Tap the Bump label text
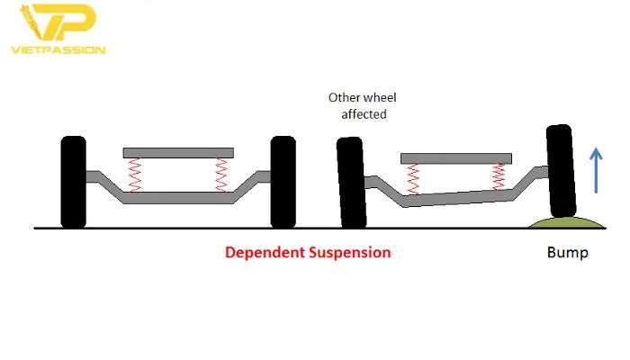coord(567,253)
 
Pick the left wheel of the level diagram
coord(73,181)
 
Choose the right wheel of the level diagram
coord(283,181)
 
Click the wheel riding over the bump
coord(561,171)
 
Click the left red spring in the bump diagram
coord(413,179)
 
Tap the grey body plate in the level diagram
coord(178,152)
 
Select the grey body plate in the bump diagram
coord(455,158)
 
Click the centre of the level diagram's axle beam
coord(178,198)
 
